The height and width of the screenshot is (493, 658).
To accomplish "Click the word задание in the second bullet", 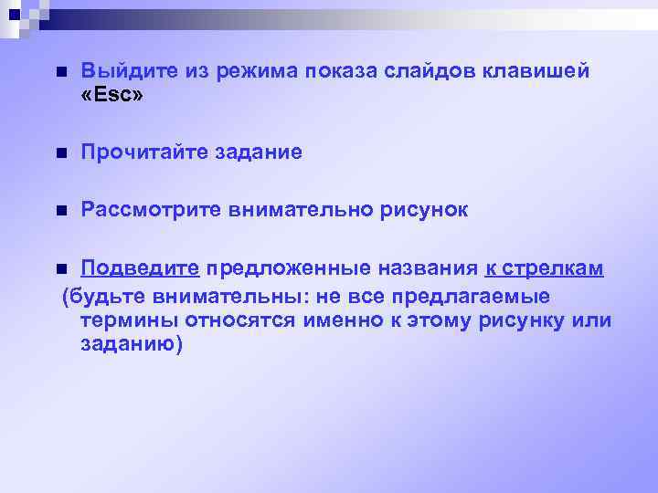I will click(x=259, y=152).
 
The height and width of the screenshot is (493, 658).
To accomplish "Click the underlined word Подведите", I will click(x=139, y=267).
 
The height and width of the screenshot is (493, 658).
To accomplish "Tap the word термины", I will click(x=128, y=321).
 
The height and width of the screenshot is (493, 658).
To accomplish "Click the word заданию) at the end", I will click(x=132, y=345).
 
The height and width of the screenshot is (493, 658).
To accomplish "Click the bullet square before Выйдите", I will click(x=59, y=72).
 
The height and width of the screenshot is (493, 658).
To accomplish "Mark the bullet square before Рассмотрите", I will click(x=59, y=211).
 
